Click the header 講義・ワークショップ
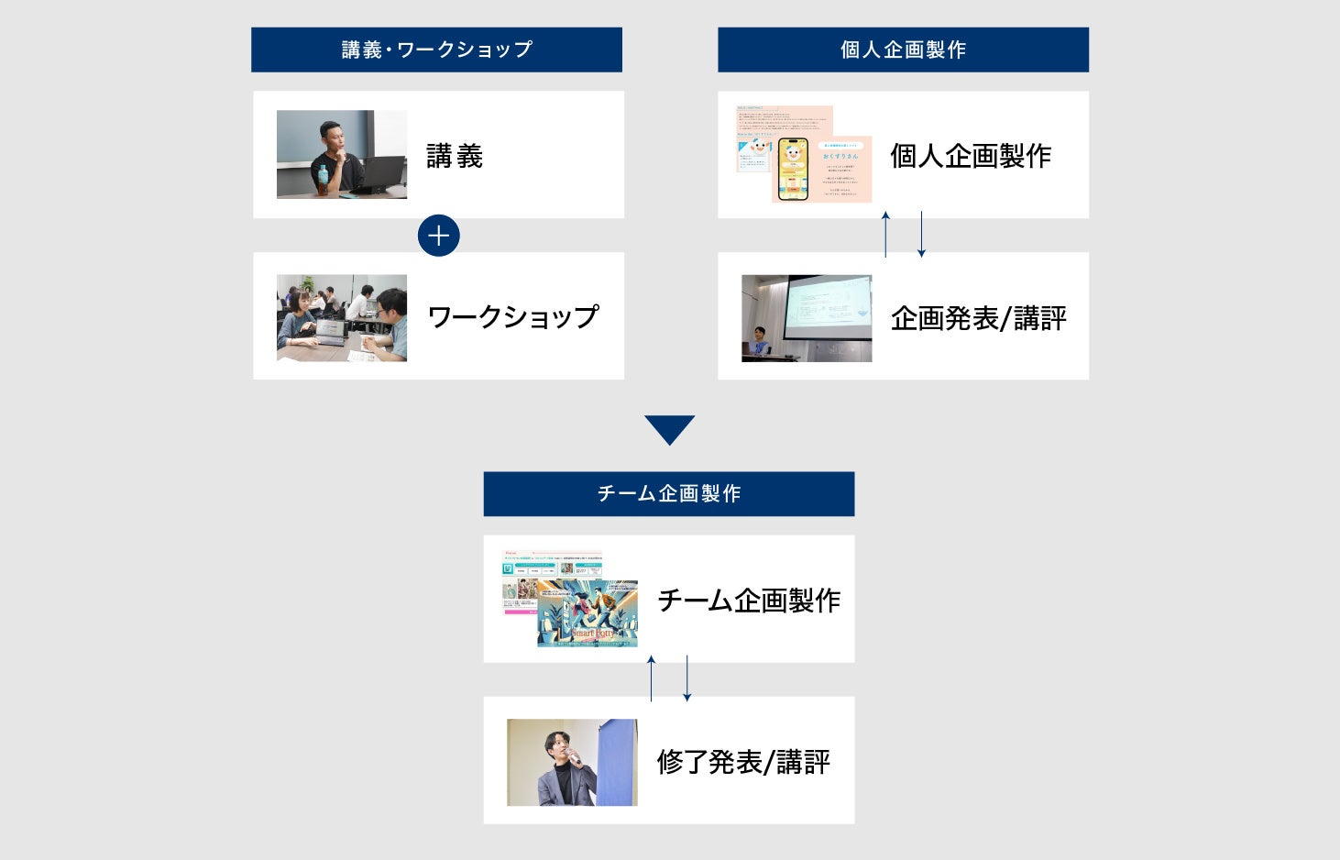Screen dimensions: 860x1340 coord(436,50)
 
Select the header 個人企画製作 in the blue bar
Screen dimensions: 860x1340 coord(903,50)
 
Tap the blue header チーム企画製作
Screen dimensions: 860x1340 coord(669,493)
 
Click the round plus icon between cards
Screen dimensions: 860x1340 coord(438,236)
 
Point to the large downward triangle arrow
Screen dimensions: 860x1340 coord(669,429)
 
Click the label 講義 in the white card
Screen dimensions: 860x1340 coord(455,156)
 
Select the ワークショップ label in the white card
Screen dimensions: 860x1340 coord(513,317)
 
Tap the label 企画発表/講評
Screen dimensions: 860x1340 coord(978,318)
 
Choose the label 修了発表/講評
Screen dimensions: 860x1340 coord(743,762)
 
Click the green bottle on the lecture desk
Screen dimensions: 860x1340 coord(323,180)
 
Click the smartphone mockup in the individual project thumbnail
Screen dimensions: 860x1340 coord(793,170)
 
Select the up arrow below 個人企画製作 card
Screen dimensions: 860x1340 coord(885,235)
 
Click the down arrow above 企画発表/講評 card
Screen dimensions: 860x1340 coord(921,235)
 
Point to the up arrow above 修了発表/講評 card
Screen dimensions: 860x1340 coord(652,678)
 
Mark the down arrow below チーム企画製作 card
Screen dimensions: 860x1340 coord(687,678)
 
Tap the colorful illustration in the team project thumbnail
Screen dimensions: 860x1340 coord(588,612)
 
